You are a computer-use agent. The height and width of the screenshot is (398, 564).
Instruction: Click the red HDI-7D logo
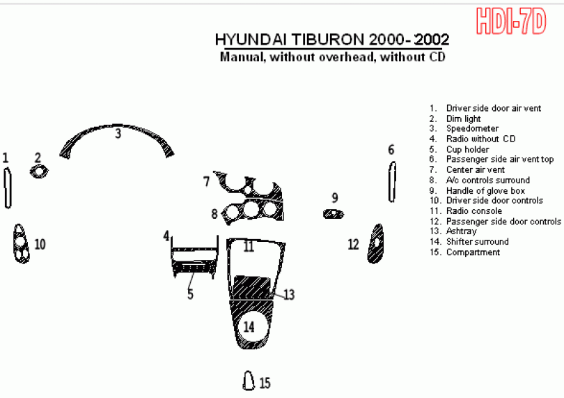coord(511,22)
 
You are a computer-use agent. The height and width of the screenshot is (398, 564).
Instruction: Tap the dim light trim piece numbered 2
coord(39,171)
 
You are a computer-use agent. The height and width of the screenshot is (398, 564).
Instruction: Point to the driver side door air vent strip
coord(8,188)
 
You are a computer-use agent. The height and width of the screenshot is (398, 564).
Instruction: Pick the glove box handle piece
coord(334,214)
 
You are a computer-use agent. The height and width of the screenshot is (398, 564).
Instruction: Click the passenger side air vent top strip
coord(392,182)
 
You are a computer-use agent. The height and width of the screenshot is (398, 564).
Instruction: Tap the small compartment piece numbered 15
coord(249,381)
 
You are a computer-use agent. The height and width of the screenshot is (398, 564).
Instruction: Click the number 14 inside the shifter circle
coord(249,327)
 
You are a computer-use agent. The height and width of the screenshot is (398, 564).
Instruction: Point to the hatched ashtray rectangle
coord(252,287)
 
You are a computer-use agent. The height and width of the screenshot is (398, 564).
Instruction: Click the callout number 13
coord(289,295)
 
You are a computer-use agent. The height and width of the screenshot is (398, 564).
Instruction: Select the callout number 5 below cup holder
coord(190,294)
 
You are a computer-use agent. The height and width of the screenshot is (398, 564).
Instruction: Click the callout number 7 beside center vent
coord(207,181)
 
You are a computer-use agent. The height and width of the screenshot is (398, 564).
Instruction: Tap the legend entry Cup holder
coord(468,149)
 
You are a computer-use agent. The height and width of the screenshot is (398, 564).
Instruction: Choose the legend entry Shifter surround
coord(478,241)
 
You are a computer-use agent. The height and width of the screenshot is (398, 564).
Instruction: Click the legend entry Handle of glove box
coord(485,190)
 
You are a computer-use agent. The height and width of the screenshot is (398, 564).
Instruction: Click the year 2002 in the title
coord(432,39)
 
